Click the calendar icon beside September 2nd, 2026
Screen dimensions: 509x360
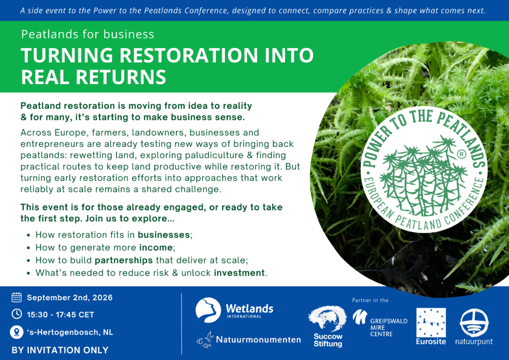[x=16, y=297]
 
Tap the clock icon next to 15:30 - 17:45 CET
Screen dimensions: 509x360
[x=16, y=314]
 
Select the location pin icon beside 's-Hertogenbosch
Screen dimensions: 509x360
[x=16, y=332]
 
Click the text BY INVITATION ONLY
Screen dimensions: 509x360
[x=60, y=350]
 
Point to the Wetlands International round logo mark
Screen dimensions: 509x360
[x=208, y=310]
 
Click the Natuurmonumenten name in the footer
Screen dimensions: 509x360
[x=258, y=340]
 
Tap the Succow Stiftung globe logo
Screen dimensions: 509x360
[x=327, y=319]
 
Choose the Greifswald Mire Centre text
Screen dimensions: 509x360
[x=389, y=327]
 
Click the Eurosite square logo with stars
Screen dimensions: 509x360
[x=431, y=323]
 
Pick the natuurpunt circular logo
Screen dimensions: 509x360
[x=474, y=323]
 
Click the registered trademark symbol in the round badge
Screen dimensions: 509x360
[x=461, y=155]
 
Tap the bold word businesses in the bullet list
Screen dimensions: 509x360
[x=164, y=235]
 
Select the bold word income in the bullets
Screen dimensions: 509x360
[x=156, y=247]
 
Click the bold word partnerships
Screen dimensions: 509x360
[x=124, y=260]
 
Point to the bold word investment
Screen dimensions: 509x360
[x=239, y=272]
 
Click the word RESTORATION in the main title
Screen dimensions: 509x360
[x=189, y=55]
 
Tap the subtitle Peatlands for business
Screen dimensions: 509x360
[x=87, y=34]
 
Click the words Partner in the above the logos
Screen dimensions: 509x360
[x=370, y=300]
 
